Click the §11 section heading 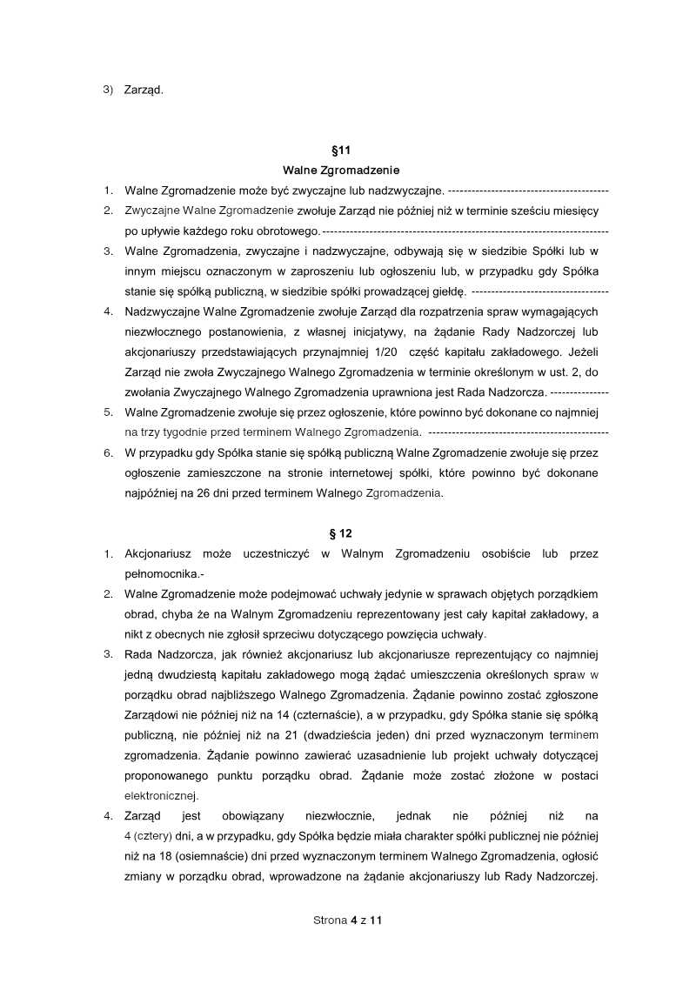[x=347, y=151]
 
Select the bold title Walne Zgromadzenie [x=347, y=171]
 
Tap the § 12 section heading [x=347, y=532]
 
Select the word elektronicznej [x=162, y=795]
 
